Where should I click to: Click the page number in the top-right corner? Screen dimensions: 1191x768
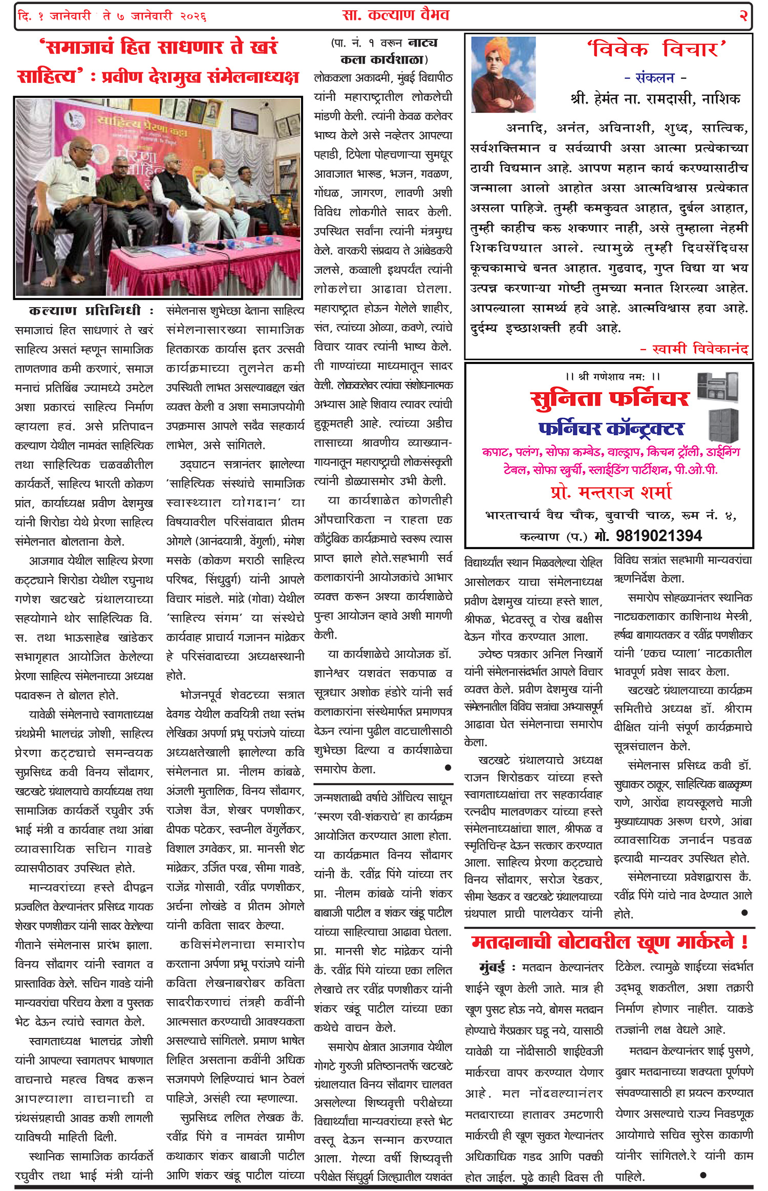tap(743, 16)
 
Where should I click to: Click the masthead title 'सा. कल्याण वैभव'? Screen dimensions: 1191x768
tap(395, 15)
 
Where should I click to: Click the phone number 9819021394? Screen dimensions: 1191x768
tap(658, 535)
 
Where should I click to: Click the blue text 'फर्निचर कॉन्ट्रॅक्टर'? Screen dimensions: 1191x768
tap(611, 428)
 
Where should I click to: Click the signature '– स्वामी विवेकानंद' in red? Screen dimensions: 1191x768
tap(694, 349)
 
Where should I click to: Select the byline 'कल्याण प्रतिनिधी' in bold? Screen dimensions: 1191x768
tap(85, 311)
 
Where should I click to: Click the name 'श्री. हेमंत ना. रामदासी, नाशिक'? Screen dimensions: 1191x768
tap(655, 99)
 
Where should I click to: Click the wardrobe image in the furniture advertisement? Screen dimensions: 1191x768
tap(723, 425)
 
